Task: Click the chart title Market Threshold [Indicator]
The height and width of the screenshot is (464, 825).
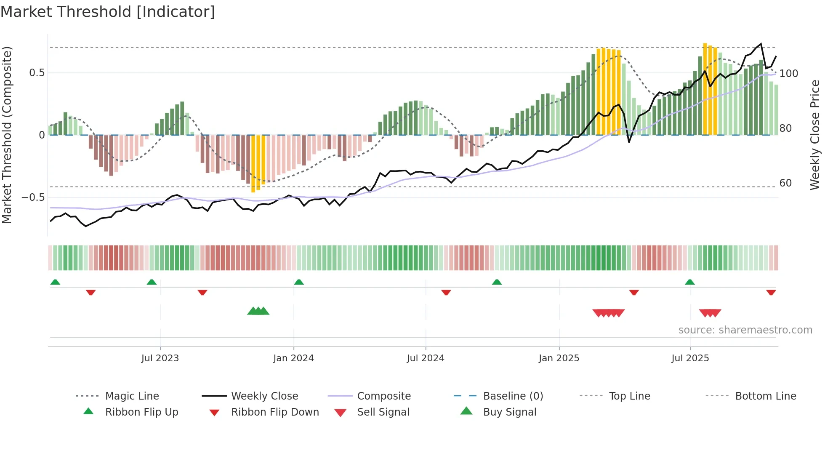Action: (x=108, y=12)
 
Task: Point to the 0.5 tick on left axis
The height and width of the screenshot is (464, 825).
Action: (x=37, y=73)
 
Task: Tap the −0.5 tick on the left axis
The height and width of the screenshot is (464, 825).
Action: (x=33, y=197)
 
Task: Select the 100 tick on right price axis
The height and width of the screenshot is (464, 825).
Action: (x=788, y=74)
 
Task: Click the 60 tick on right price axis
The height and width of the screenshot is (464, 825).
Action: (x=785, y=183)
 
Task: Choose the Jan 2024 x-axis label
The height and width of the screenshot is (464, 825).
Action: (x=293, y=358)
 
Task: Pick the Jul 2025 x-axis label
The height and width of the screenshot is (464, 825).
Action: (x=690, y=358)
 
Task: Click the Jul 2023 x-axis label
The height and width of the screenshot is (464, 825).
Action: (x=160, y=358)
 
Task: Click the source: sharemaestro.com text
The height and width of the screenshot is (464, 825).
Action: (x=745, y=330)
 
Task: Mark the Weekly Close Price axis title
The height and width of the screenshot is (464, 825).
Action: (x=815, y=135)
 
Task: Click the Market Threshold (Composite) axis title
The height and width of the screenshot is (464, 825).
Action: (x=7, y=135)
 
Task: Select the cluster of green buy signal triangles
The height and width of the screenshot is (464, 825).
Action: (x=258, y=312)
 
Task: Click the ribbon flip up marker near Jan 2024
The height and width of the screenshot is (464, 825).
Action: (x=299, y=282)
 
